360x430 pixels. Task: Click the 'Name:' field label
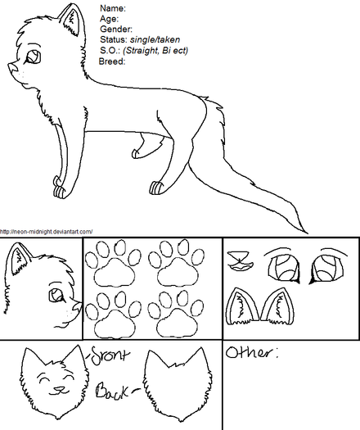113,8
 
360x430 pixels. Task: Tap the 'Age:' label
110,19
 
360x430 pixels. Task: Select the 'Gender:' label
116,29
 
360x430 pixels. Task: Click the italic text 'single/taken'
155,40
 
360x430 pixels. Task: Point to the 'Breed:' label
112,61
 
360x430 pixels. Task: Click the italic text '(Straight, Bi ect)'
155,51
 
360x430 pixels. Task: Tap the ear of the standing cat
71,19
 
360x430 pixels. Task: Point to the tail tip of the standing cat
308,233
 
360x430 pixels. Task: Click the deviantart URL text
47,232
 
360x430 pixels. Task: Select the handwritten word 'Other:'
252,353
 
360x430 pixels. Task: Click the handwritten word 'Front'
109,355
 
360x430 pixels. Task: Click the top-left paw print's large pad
115,272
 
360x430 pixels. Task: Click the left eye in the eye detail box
283,268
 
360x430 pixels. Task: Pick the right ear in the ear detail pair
278,306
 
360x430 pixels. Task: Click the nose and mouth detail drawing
241,260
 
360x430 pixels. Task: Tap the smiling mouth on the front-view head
59,390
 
